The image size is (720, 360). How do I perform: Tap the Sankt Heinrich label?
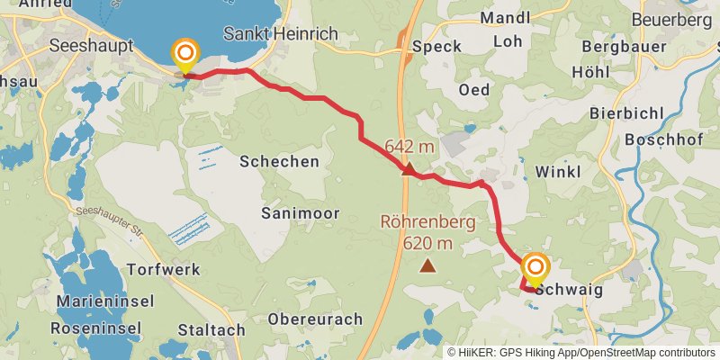tap(280, 33)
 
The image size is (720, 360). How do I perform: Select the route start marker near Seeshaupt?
tap(185, 55)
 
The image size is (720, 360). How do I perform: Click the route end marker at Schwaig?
tap(535, 267)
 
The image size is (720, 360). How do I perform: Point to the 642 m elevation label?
tap(409, 146)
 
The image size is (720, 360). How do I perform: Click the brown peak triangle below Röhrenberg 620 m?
tap(428, 265)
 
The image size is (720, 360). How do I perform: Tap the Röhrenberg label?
tap(428, 221)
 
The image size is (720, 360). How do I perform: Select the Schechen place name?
tap(279, 161)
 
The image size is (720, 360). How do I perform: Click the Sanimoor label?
tap(297, 212)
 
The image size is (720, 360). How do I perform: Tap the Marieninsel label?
tap(106, 301)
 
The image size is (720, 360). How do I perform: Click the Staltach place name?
tap(211, 329)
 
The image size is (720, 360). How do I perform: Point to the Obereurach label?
tap(315, 319)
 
